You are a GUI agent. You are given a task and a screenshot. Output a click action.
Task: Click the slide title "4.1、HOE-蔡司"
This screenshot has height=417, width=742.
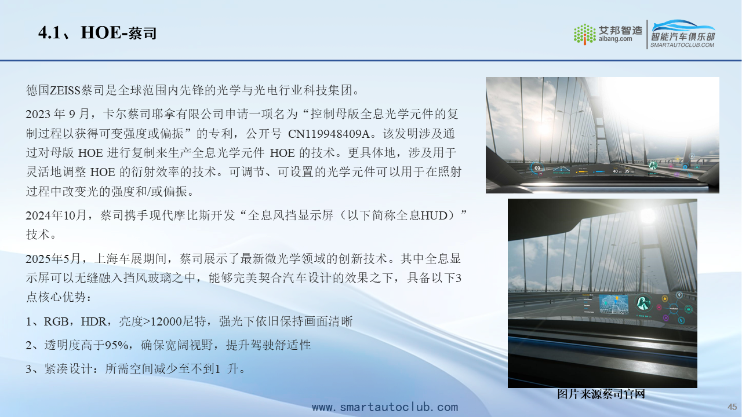click(x=97, y=33)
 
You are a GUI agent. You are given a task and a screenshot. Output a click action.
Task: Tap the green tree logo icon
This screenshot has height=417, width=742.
click(x=585, y=34)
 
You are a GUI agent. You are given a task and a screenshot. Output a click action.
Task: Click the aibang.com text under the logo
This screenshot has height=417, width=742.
click(x=615, y=39)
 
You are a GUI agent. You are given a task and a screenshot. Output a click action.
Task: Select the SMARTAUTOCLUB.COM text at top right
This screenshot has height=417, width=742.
click(x=682, y=45)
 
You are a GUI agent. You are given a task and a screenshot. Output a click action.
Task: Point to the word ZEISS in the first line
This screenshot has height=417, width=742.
click(x=66, y=90)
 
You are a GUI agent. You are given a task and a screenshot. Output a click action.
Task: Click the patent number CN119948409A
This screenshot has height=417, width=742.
click(x=329, y=134)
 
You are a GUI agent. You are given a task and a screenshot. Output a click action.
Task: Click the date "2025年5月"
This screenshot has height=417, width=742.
click(x=53, y=258)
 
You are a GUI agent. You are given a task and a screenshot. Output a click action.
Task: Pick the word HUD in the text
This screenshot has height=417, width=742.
click(x=434, y=216)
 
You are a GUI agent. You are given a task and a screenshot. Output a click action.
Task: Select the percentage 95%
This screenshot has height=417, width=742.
click(x=117, y=346)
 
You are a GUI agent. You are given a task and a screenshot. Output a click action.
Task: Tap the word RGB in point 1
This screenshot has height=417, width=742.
click(x=56, y=321)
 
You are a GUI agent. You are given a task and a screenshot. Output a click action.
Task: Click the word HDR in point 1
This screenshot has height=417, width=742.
click(x=93, y=321)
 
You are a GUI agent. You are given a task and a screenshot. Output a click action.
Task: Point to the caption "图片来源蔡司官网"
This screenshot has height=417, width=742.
click(x=601, y=394)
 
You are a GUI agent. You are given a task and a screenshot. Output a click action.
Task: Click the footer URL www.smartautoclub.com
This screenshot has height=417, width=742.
click(x=385, y=407)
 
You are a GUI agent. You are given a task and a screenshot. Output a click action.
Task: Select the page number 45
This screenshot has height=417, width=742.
click(x=732, y=407)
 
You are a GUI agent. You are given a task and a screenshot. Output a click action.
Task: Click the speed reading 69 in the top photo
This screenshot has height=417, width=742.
click(x=537, y=168)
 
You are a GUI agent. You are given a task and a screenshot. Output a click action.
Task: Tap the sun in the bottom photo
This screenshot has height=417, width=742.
click(x=648, y=215)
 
